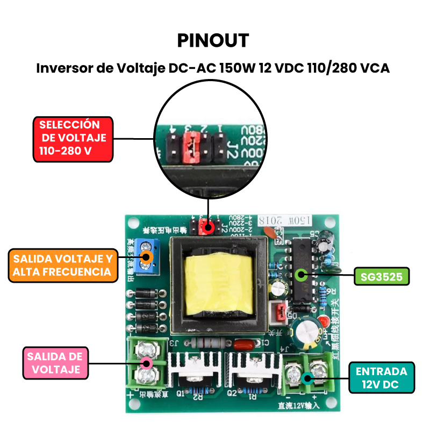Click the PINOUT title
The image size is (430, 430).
click(x=213, y=41)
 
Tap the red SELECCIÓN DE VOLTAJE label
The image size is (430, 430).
click(x=73, y=138)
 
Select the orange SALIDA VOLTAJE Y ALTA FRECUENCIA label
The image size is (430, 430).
click(x=63, y=265)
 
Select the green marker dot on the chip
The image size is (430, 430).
click(x=302, y=275)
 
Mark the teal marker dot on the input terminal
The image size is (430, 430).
click(x=307, y=378)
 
